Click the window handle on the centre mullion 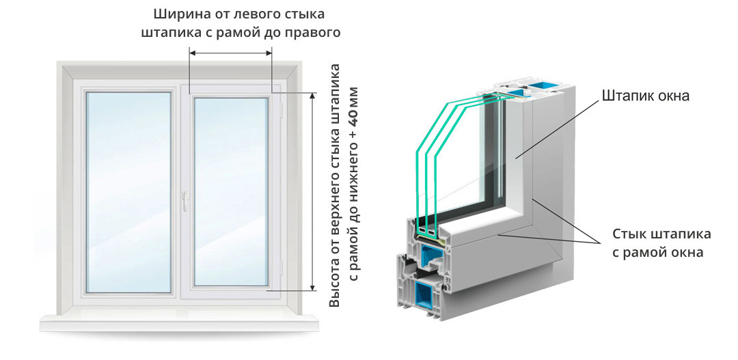click(184, 199)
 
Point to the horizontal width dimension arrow click(231, 52)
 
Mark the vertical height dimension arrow click(313, 191)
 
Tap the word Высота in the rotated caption click(335, 284)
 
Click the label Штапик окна click(646, 96)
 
